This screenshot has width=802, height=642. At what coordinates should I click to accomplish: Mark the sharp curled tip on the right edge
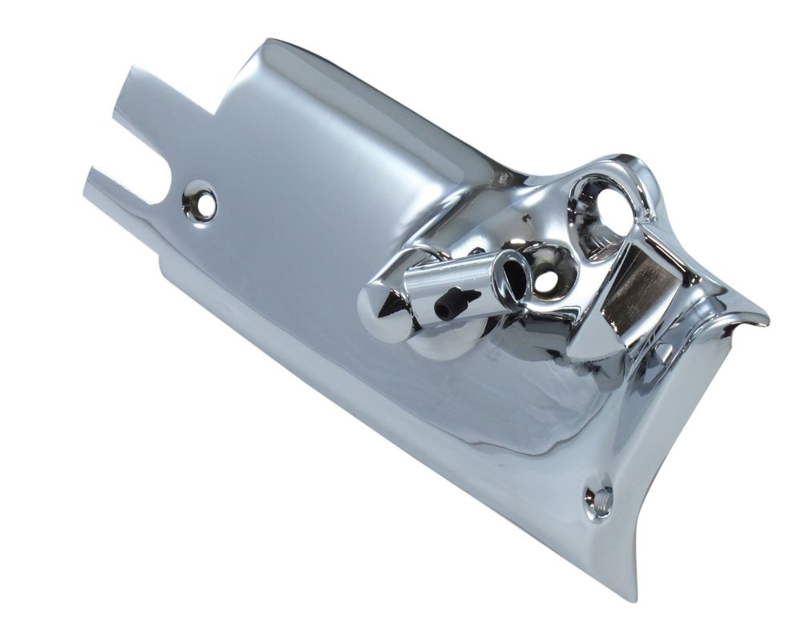coord(762,321)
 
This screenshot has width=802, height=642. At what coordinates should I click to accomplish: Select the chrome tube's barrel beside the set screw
coord(465,281)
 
